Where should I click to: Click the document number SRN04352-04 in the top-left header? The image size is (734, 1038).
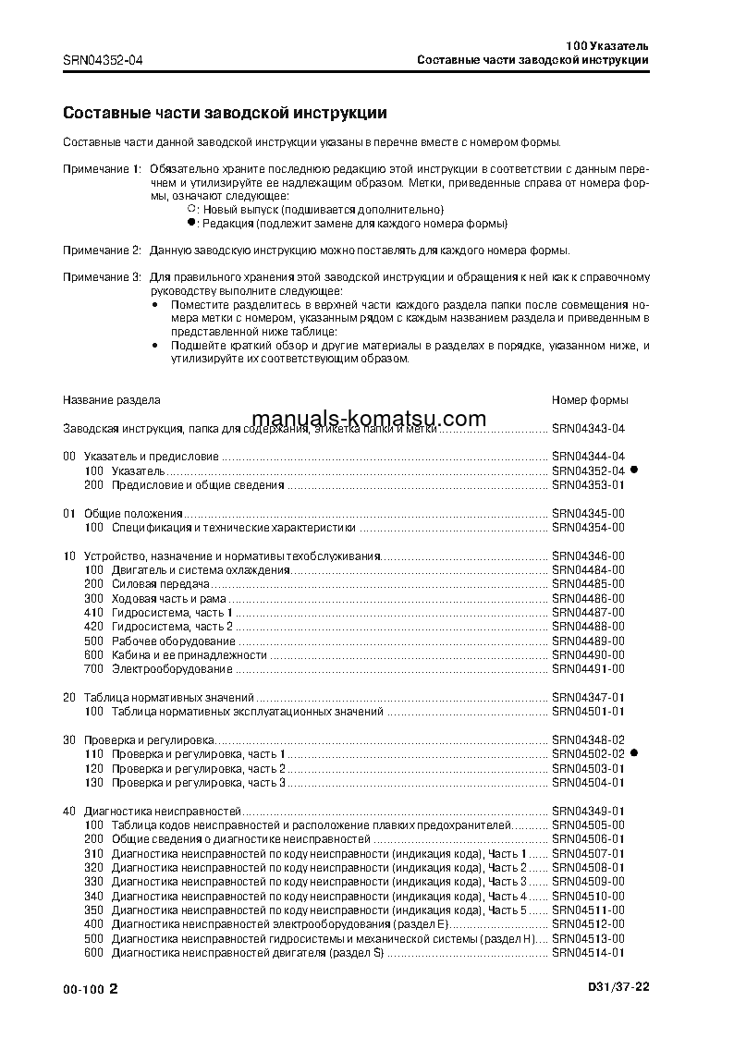[103, 61]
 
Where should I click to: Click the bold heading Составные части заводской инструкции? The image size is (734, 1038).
[225, 113]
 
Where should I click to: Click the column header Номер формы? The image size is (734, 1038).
[590, 400]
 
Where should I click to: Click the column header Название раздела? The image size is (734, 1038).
[111, 400]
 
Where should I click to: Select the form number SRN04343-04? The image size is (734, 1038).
[588, 429]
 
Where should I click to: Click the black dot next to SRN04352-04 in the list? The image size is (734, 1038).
[635, 470]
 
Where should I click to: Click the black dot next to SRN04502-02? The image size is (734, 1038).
[635, 754]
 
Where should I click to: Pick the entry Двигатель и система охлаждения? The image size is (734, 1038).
[201, 570]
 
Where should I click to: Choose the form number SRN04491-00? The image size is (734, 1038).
[588, 669]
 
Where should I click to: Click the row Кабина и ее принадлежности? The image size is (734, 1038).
[189, 654]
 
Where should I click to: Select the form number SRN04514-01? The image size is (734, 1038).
[588, 953]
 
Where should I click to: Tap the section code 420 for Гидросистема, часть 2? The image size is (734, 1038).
[93, 627]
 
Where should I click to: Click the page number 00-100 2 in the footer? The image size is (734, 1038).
[91, 988]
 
